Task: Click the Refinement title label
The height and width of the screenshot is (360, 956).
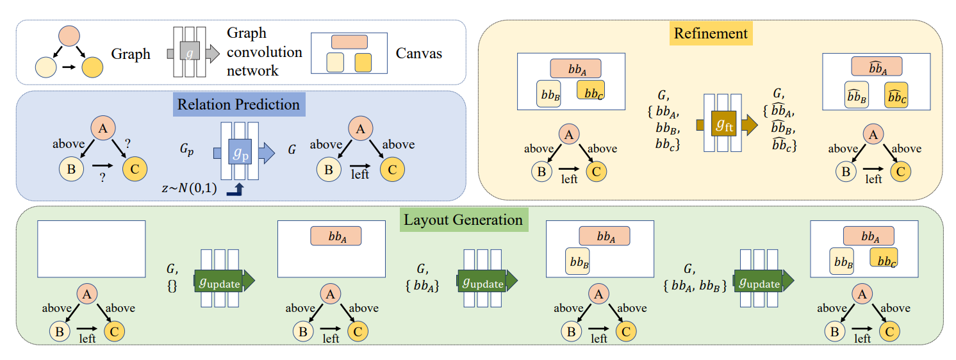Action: coord(711,33)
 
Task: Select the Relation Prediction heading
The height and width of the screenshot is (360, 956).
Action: coord(238,104)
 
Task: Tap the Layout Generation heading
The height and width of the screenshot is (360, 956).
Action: coord(463,220)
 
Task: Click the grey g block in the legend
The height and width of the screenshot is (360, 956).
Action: coord(188,53)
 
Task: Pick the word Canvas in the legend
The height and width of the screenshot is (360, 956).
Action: coord(418,53)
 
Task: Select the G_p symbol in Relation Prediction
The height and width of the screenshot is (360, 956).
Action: coord(187,152)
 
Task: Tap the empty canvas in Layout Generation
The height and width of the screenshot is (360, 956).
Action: coord(92,248)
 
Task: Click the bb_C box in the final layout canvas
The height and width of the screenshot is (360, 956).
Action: coord(883,258)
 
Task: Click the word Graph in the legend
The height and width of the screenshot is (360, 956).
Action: coord(131,54)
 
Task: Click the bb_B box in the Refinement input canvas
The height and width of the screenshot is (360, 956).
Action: coord(548,93)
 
